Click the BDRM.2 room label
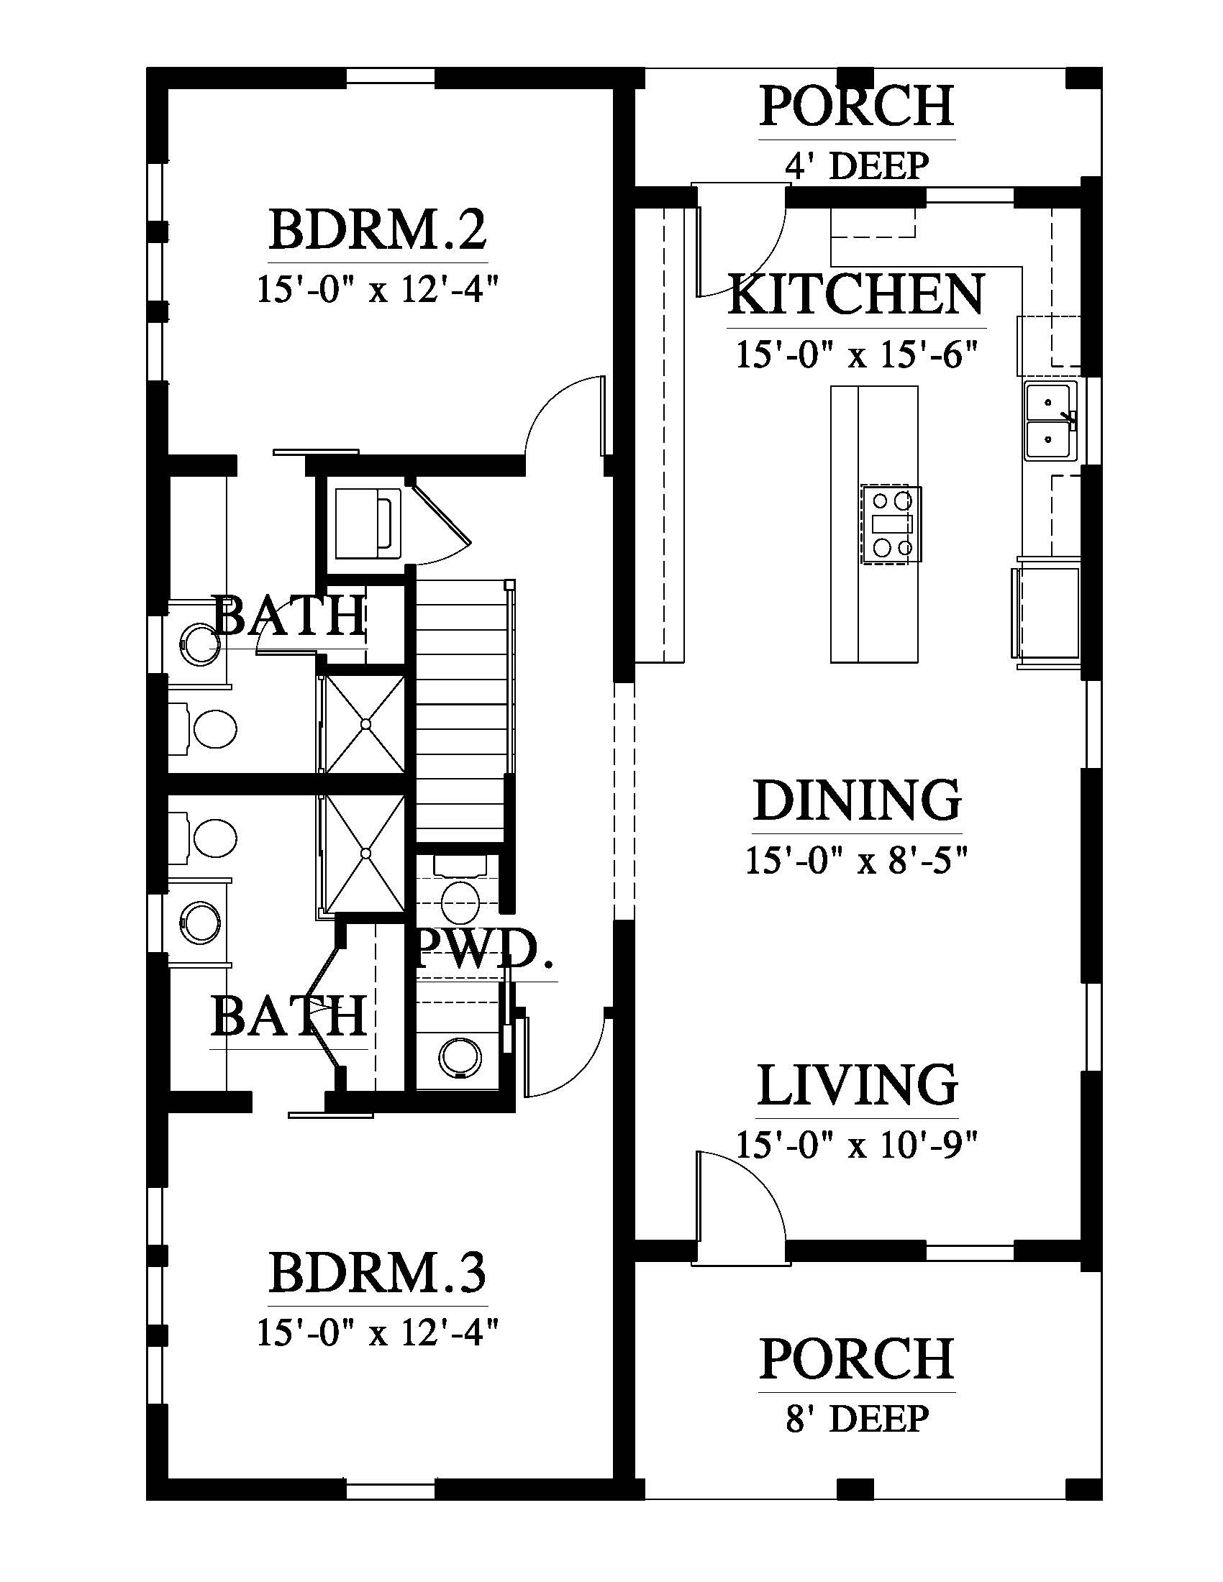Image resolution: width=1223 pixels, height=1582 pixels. (x=378, y=229)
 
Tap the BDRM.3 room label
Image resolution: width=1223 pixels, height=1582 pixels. (x=378, y=1273)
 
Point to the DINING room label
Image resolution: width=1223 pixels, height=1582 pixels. (x=858, y=800)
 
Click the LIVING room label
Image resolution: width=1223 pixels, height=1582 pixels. (x=858, y=1084)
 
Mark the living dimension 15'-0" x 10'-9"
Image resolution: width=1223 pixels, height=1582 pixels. (x=857, y=1146)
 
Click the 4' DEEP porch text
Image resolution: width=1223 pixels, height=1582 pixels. (x=857, y=166)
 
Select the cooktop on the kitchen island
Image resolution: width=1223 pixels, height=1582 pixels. (x=891, y=524)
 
